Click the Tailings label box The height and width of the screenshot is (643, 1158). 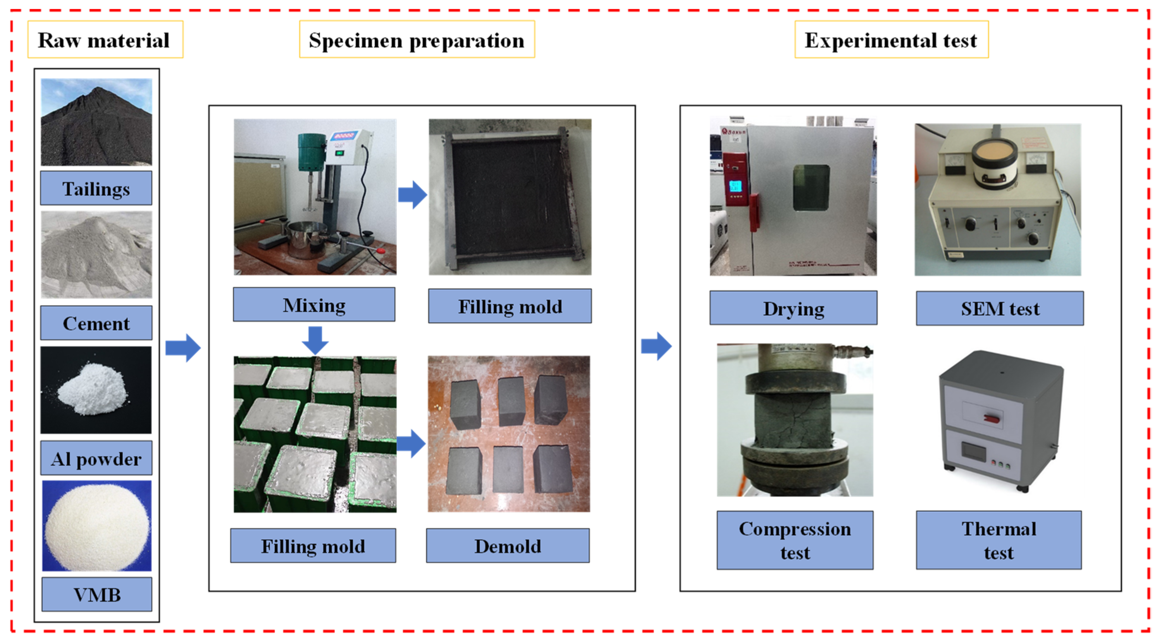(96, 188)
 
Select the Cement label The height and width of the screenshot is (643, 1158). (96, 323)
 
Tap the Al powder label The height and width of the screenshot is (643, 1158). (96, 458)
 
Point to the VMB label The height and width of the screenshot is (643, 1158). (97, 594)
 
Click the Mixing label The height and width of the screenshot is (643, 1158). (314, 305)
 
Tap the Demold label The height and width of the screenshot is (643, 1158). (507, 546)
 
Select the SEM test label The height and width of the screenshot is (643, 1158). (1000, 308)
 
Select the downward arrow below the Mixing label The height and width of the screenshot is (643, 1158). (315, 340)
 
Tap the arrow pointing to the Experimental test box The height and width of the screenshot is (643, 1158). (656, 346)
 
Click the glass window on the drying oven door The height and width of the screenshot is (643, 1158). (811, 187)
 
